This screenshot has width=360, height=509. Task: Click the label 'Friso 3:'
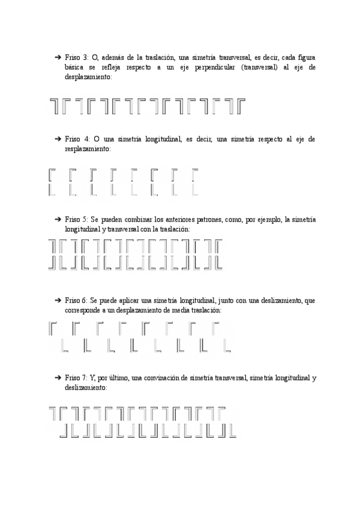pos(76,57)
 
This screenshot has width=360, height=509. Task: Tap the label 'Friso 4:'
pos(77,139)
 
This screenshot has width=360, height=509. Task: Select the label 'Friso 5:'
pos(76,220)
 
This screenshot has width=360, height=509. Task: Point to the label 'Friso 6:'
pos(76,300)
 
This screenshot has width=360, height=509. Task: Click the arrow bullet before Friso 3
pos(58,57)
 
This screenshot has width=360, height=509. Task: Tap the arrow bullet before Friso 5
pos(58,220)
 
